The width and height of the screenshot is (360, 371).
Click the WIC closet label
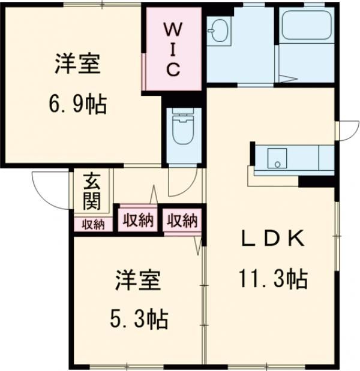point(172,49)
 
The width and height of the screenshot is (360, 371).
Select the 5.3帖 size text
point(139,318)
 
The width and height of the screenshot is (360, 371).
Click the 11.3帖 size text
point(274,278)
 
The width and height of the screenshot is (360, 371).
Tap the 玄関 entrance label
point(91,191)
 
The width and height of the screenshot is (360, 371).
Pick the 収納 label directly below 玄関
point(93,225)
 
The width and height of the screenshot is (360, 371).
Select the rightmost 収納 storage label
point(182,221)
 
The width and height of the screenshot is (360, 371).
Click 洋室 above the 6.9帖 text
point(77,64)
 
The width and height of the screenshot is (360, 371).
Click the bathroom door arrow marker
point(287,79)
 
